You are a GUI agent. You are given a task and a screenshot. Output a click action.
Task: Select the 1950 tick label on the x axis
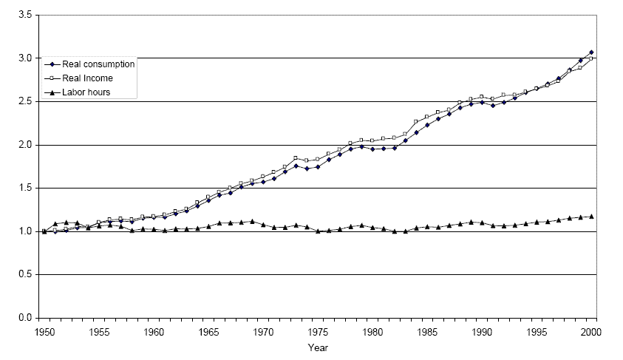pyautogui.click(x=44, y=332)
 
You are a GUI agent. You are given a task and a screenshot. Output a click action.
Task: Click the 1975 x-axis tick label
pyautogui.click(x=318, y=332)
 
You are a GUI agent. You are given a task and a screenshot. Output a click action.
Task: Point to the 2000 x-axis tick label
pyautogui.click(x=591, y=332)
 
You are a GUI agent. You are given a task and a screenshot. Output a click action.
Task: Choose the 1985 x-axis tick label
pyautogui.click(x=427, y=332)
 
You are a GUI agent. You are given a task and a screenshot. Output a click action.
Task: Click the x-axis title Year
pyautogui.click(x=319, y=347)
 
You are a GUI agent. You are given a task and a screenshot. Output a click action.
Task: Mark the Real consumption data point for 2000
pyautogui.click(x=591, y=52)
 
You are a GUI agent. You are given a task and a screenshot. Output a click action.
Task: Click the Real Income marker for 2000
pyautogui.click(x=591, y=58)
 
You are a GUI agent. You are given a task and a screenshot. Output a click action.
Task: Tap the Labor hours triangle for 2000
pyautogui.click(x=591, y=217)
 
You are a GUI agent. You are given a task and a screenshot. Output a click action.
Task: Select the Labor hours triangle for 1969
pyautogui.click(x=252, y=221)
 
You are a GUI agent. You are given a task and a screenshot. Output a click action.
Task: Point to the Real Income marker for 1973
pyautogui.click(x=296, y=157)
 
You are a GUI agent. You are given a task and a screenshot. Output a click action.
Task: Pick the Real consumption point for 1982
pyautogui.click(x=395, y=148)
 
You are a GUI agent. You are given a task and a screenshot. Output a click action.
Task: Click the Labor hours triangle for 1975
pyautogui.click(x=318, y=231)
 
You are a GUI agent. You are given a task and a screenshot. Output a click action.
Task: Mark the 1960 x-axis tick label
pyautogui.click(x=154, y=332)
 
